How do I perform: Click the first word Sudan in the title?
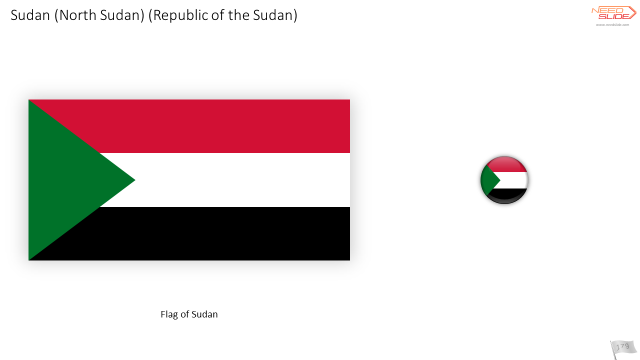[30, 15]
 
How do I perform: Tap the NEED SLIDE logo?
[613, 13]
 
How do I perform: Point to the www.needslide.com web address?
[612, 25]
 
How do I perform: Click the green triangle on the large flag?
[68, 180]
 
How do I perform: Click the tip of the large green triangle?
[135, 180]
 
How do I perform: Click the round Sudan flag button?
[504, 180]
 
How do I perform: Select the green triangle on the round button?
[489, 180]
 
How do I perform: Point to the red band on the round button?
[505, 164]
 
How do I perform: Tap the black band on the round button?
[506, 195]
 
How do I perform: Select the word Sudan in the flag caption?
[204, 314]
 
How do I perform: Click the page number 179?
[622, 347]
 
